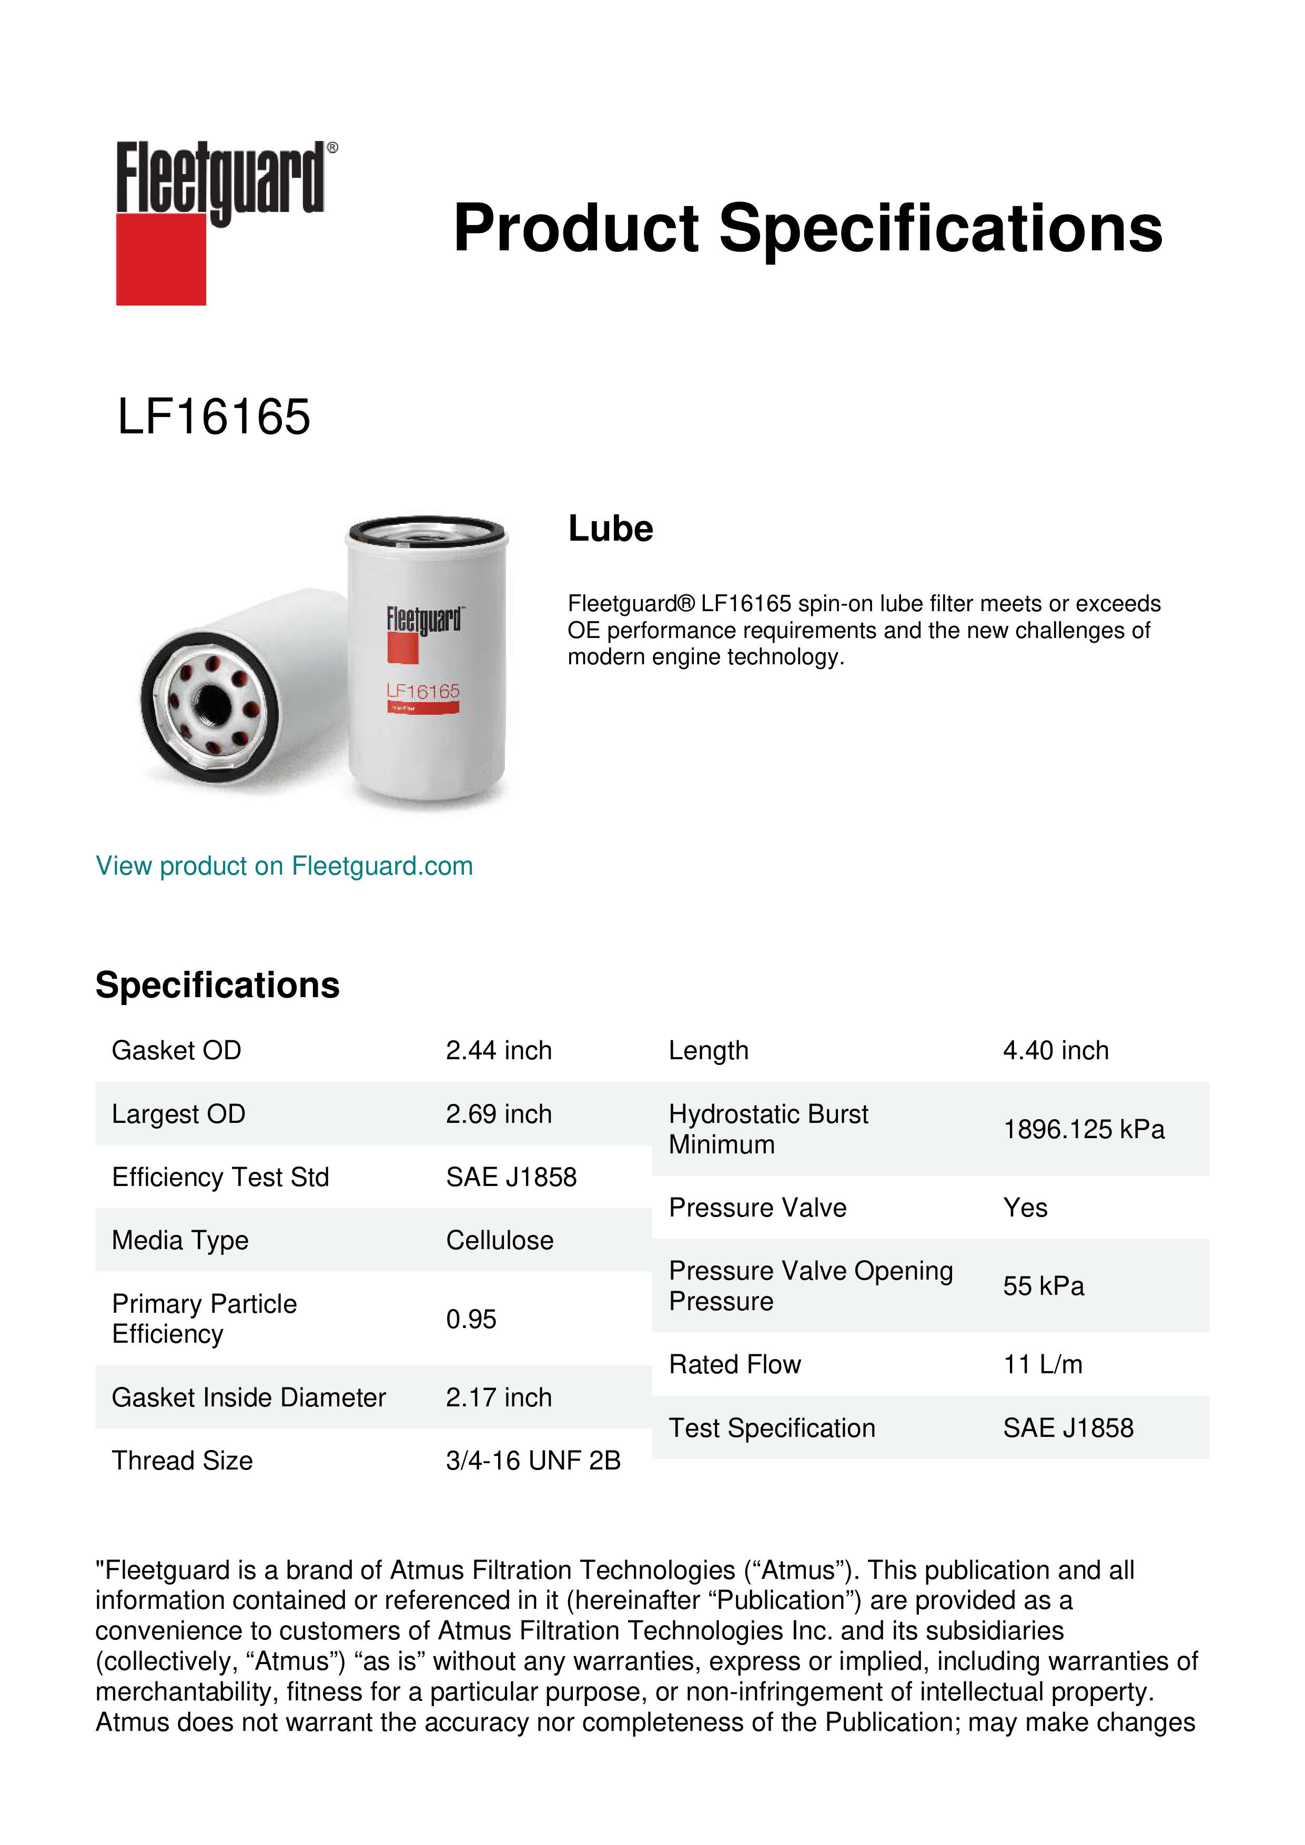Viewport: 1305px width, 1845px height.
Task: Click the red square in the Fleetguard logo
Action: coord(161,259)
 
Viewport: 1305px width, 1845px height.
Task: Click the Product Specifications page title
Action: coord(807,228)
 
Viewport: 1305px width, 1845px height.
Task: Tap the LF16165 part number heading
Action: coord(214,417)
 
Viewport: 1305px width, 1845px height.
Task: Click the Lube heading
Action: coord(610,529)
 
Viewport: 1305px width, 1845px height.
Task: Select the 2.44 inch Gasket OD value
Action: coord(498,1050)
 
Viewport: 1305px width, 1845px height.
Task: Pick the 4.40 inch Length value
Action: coord(1055,1050)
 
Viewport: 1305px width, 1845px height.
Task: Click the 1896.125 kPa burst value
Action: coord(1083,1129)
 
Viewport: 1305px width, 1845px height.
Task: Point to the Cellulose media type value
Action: coord(499,1240)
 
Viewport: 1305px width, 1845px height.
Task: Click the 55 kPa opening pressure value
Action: coord(1043,1286)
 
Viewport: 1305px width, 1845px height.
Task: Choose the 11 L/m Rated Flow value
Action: coord(1042,1364)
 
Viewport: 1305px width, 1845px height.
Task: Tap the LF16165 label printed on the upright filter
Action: coord(423,691)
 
